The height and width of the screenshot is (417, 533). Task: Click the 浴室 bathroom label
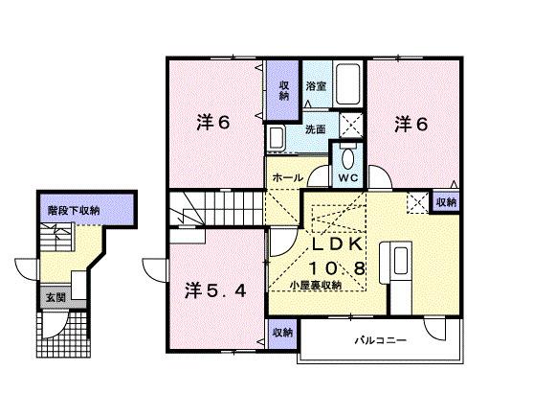coord(316,86)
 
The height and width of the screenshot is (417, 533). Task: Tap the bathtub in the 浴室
coord(347,83)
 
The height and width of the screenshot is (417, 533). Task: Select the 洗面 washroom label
coord(315,129)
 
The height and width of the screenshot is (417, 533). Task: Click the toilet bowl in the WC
coord(347,159)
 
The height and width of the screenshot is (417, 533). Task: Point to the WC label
coord(348,177)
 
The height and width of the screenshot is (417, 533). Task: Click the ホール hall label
coord(288,177)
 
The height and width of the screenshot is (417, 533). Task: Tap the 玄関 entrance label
coord(56,298)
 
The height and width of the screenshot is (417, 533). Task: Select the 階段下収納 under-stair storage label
coord(74,210)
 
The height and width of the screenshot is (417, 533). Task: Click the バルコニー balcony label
coord(381,340)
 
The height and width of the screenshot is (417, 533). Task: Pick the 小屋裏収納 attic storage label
coord(316,286)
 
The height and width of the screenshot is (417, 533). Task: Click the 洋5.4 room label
coord(215,291)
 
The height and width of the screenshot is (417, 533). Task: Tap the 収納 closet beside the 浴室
coord(283,90)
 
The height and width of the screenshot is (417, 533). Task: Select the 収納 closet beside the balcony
coord(282,334)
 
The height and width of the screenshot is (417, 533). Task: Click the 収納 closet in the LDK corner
coord(446,202)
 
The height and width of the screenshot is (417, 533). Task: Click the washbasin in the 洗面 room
coord(276,138)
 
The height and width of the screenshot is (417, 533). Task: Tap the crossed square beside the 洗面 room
coord(351,125)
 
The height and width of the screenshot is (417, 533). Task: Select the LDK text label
coord(337,244)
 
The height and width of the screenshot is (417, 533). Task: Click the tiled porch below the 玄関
coord(63,334)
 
